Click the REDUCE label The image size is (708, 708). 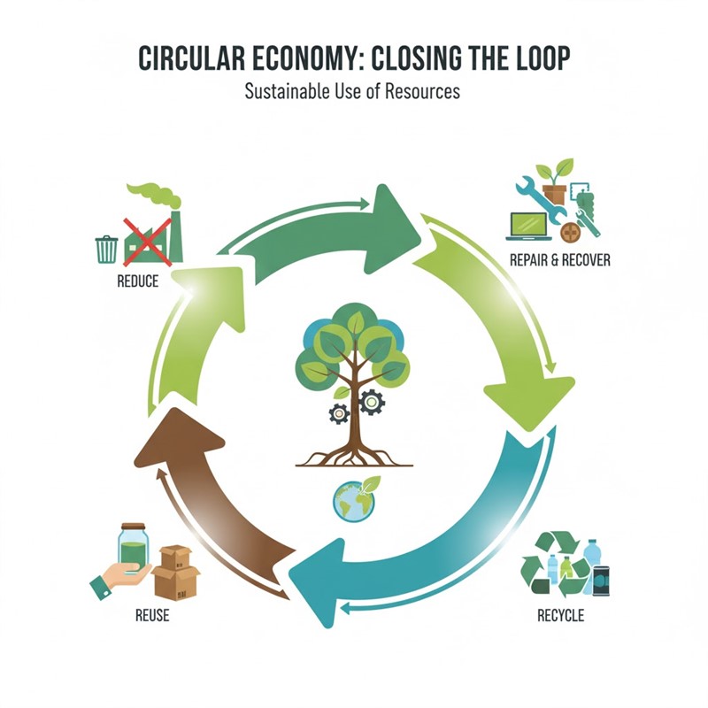pyautogui.click(x=137, y=281)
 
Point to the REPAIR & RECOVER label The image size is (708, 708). pyautogui.click(x=559, y=260)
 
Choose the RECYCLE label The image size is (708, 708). pyautogui.click(x=560, y=615)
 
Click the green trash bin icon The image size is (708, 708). pyautogui.click(x=106, y=249)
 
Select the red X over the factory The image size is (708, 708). pyautogui.click(x=146, y=241)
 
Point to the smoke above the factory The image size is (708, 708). pyautogui.click(x=155, y=195)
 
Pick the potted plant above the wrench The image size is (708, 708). pyautogui.click(x=556, y=181)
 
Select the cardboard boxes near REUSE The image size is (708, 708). pyautogui.click(x=175, y=573)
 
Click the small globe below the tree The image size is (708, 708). pyautogui.click(x=352, y=502)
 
